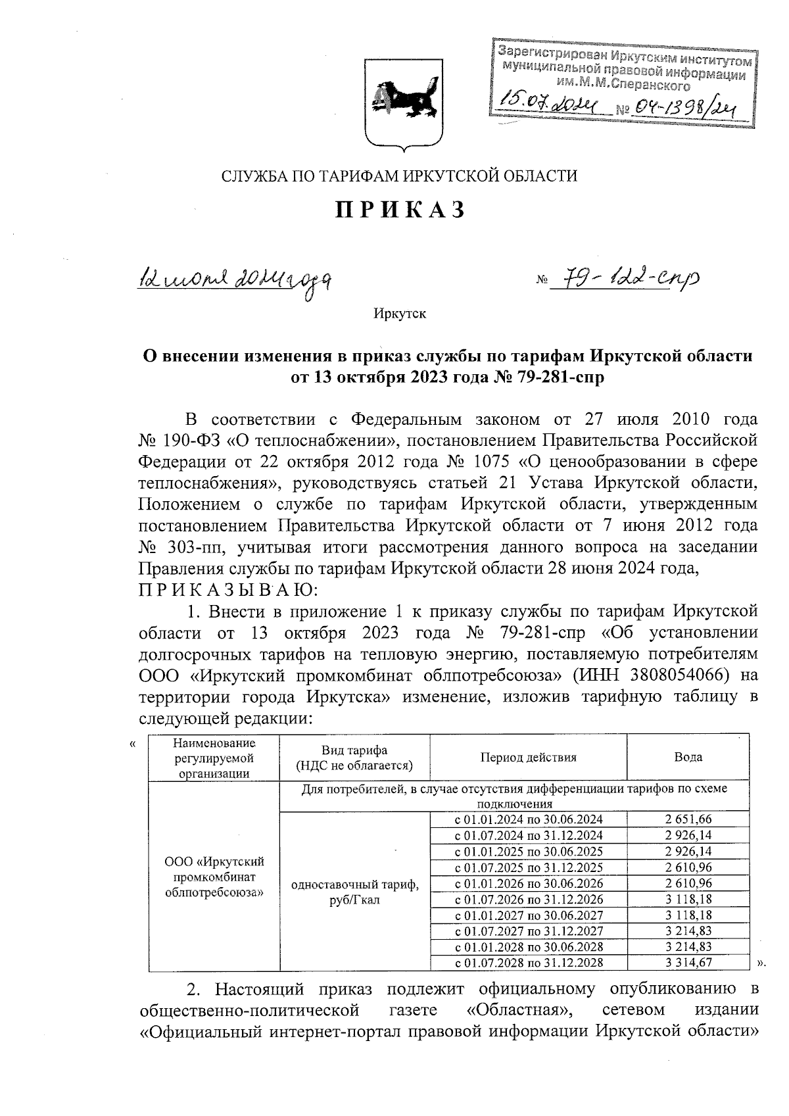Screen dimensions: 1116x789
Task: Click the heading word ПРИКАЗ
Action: [401, 210]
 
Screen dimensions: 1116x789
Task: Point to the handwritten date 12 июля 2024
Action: [233, 281]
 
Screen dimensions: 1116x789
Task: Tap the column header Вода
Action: [688, 757]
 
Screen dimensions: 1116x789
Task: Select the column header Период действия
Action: [528, 757]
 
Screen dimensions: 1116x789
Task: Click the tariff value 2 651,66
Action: [688, 819]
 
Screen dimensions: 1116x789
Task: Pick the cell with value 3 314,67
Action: [688, 963]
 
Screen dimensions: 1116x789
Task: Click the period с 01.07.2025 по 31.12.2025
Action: [528, 867]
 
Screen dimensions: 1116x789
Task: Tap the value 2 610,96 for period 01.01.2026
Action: [688, 883]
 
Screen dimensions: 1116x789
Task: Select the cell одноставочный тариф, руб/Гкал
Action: [354, 892]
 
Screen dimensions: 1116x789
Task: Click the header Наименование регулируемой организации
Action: [214, 757]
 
